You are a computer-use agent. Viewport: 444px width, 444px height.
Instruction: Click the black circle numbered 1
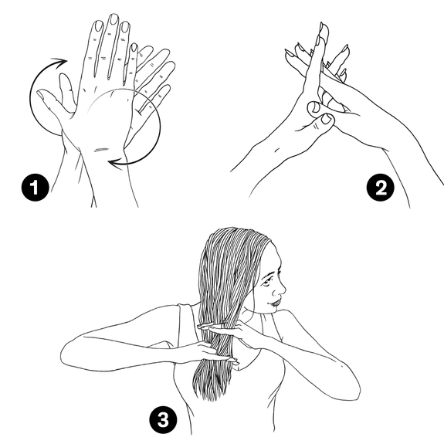coord(35,187)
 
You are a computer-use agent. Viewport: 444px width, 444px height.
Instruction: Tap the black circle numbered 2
coord(380,187)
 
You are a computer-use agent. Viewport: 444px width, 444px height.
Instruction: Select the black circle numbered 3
coord(163,419)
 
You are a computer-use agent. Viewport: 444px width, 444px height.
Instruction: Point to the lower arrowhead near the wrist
coord(116,164)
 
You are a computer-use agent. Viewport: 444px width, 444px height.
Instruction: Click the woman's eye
coord(266,282)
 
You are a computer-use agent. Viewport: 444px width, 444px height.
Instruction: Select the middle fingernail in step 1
coord(114,19)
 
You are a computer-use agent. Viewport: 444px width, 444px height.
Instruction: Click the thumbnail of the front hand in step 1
coord(42,94)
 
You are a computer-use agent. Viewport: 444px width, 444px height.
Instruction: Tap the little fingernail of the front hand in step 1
coord(134,48)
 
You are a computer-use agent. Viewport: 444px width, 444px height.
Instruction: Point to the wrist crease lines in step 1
coord(101,149)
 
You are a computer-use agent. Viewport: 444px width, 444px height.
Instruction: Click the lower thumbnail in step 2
coord(326,119)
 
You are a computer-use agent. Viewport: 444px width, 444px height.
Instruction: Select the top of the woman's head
coord(238,229)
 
